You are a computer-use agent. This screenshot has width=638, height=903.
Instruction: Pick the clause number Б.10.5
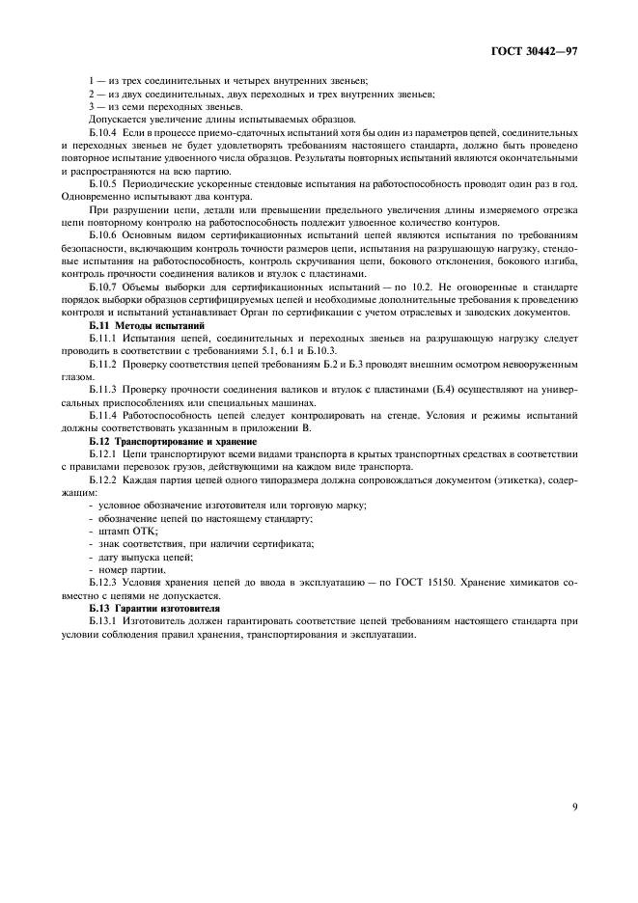point(103,181)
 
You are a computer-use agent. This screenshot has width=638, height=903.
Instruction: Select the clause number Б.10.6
point(103,234)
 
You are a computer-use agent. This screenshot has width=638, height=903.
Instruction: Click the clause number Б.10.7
point(103,287)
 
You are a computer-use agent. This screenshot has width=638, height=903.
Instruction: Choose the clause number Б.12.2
point(103,479)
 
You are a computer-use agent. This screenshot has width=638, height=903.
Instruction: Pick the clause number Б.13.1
point(103,622)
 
